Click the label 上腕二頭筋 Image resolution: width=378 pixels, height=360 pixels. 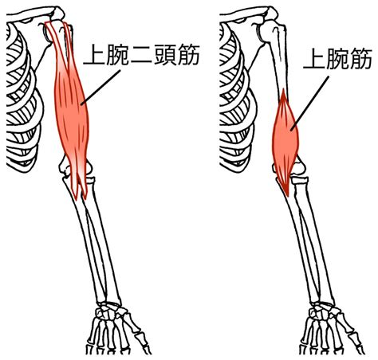141,56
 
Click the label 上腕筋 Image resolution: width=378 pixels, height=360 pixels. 337,60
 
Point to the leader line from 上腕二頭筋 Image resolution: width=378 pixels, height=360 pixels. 101,87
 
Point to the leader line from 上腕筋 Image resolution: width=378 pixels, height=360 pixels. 310,103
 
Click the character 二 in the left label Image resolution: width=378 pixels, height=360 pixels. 142,56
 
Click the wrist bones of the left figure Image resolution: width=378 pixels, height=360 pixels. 109,310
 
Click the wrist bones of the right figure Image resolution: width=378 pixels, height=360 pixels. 323,310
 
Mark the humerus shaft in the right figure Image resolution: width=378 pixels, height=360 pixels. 279,66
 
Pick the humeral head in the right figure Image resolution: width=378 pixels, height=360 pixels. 269,30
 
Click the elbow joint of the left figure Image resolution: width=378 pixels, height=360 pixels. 76,170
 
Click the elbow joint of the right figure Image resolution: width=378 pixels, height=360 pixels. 289,170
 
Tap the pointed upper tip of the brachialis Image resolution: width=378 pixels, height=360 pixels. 283,90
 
